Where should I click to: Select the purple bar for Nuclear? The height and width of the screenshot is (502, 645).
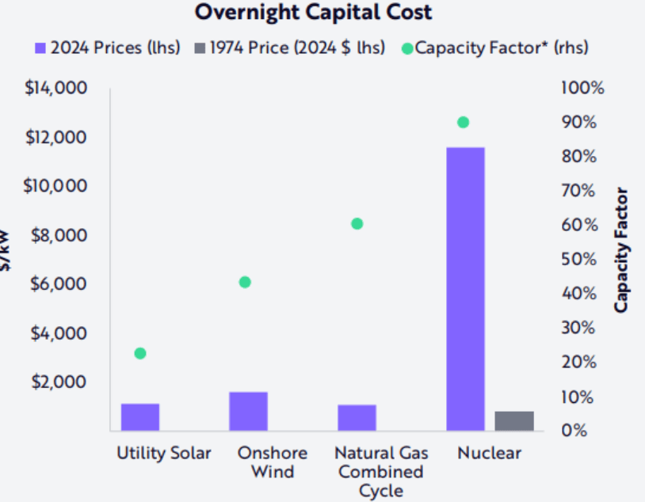pos(465,289)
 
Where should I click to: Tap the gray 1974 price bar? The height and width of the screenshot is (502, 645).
pos(514,421)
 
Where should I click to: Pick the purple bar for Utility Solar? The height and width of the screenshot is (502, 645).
pos(140,416)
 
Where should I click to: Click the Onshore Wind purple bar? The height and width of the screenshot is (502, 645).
pos(248,411)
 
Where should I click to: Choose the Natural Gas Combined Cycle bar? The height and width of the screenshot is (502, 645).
pos(357,417)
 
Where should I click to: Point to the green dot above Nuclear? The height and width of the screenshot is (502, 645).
pos(464,123)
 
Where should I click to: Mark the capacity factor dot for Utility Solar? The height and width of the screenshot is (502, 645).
pos(140,353)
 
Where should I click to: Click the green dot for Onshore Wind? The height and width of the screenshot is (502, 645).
pos(245,282)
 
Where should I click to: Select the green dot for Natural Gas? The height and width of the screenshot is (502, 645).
pos(357,223)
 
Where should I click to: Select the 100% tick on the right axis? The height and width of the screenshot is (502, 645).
pos(582,88)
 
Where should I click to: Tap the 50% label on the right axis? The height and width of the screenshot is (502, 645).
pos(579,259)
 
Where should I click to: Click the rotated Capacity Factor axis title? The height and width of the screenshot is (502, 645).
pos(622,249)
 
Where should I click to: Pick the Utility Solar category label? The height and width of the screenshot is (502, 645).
pos(164,454)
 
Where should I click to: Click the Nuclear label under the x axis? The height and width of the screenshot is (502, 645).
pos(489,454)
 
